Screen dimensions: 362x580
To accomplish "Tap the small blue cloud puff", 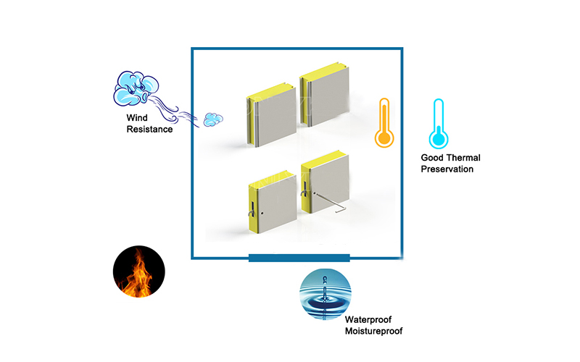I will point(212,117).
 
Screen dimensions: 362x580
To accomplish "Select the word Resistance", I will point(149,130).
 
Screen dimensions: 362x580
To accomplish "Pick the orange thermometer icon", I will point(384,125).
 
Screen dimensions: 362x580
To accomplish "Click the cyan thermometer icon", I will point(437,125).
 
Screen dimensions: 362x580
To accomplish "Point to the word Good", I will point(433,158).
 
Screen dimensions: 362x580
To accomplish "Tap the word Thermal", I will point(464,158).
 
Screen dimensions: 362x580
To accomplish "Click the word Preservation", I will point(447,169).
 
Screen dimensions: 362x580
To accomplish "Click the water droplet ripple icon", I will point(325,292).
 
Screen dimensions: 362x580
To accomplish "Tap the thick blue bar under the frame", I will point(299,258).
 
